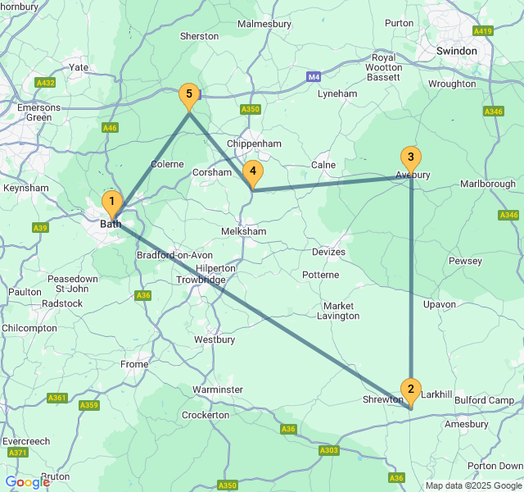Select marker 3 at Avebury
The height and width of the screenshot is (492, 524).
point(410,158)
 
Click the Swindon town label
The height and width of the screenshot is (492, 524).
point(457,51)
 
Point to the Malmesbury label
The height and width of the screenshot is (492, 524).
point(264,24)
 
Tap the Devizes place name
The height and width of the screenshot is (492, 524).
point(328,252)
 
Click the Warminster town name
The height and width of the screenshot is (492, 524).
point(218,389)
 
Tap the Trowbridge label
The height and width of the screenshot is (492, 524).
point(201,280)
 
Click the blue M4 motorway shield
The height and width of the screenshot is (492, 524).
point(314,77)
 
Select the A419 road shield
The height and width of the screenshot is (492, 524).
point(483,31)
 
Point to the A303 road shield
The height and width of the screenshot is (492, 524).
point(329,450)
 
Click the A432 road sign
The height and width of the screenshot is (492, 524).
point(45,82)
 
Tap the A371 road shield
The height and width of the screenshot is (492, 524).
point(16,453)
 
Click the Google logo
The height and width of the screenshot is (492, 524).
point(27,482)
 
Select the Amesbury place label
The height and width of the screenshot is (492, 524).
point(465,424)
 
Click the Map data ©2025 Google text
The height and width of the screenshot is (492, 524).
point(472,485)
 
